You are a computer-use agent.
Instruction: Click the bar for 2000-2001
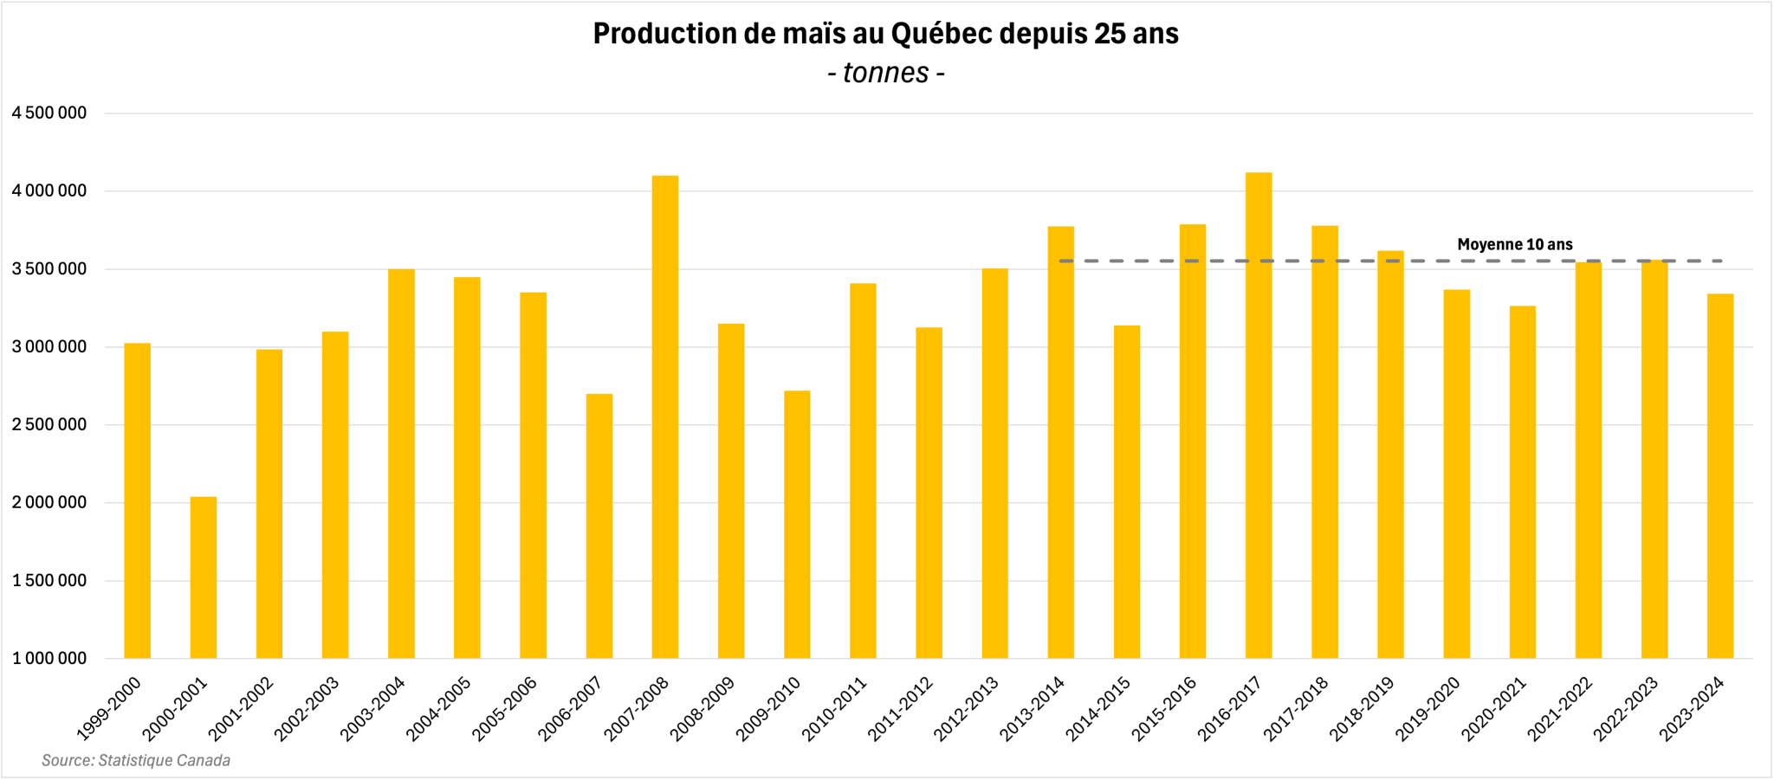[204, 577]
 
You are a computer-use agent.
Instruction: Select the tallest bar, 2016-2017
[1259, 416]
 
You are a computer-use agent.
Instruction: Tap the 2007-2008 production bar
[665, 417]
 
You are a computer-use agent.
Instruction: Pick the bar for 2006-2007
[599, 526]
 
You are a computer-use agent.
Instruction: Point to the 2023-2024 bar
[1720, 476]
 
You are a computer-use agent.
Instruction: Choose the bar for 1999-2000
[138, 501]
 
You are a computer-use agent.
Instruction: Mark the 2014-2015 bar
[1127, 492]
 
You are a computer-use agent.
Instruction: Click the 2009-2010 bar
[797, 525]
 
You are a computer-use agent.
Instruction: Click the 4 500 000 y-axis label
[49, 113]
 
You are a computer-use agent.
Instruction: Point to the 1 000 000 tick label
[49, 659]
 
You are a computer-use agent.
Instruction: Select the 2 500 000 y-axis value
[49, 425]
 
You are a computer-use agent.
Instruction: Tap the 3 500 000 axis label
[49, 269]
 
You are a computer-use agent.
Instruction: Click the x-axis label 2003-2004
[373, 708]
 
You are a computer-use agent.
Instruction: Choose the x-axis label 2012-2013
[967, 708]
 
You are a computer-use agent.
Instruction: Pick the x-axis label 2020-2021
[1494, 708]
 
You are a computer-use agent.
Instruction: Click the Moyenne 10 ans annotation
[1515, 245]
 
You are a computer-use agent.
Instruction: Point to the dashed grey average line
[1390, 261]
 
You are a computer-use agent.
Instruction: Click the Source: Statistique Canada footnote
[136, 761]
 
